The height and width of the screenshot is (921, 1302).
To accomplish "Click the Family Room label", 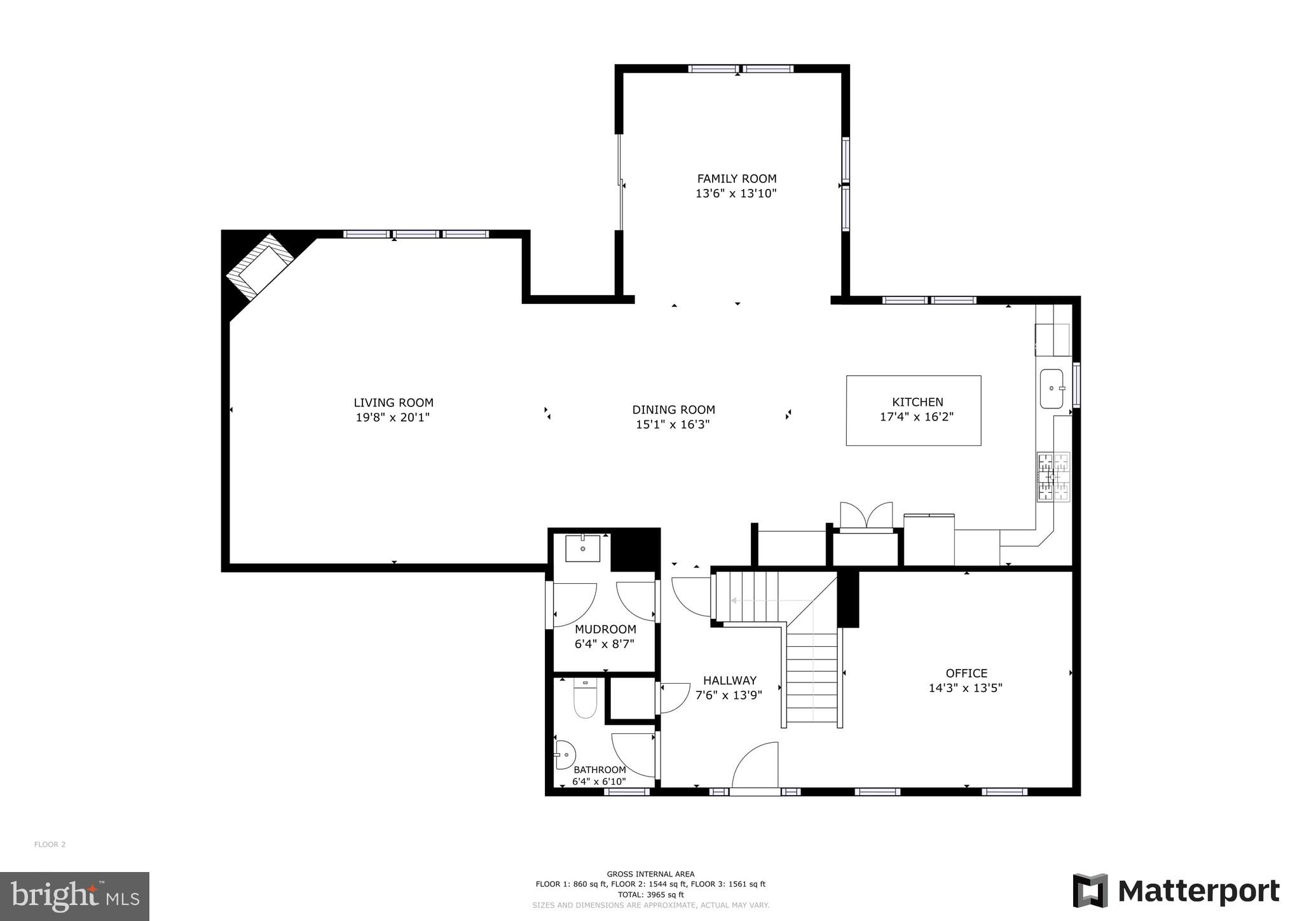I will tap(736, 179).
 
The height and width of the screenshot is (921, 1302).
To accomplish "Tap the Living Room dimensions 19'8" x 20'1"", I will tap(393, 418).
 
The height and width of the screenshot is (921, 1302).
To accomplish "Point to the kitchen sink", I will tap(1052, 389).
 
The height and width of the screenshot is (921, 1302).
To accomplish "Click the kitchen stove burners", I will tap(1053, 477).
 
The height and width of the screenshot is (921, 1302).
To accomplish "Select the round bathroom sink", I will tap(564, 754).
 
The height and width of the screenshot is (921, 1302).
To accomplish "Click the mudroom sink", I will tap(583, 548).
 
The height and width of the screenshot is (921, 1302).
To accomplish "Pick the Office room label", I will tap(966, 673).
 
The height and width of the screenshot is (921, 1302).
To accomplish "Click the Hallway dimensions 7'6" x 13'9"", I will tap(729, 695).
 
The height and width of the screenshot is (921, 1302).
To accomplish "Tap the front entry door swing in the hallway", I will tap(757, 766).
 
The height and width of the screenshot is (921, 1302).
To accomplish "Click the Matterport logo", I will tap(1176, 891).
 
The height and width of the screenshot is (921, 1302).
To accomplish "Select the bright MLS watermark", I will tap(74, 896).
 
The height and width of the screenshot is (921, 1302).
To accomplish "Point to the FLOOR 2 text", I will tap(50, 845).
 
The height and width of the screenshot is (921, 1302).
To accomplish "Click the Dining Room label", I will tap(673, 410).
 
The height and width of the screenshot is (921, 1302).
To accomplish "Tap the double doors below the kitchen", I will tap(866, 515).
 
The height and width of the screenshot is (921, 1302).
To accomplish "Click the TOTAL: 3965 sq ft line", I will tap(650, 894).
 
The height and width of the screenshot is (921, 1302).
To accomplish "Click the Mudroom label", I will tap(605, 629).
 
